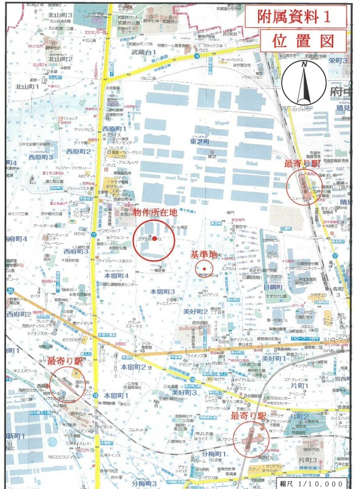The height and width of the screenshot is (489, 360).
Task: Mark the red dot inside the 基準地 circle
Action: (x=205, y=269)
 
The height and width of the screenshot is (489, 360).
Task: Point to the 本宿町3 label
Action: (x=163, y=292)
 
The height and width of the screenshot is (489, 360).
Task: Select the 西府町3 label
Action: (x=75, y=251)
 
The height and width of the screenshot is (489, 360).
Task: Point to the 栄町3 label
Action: (x=337, y=61)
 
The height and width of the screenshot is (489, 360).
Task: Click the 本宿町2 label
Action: (x=133, y=367)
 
